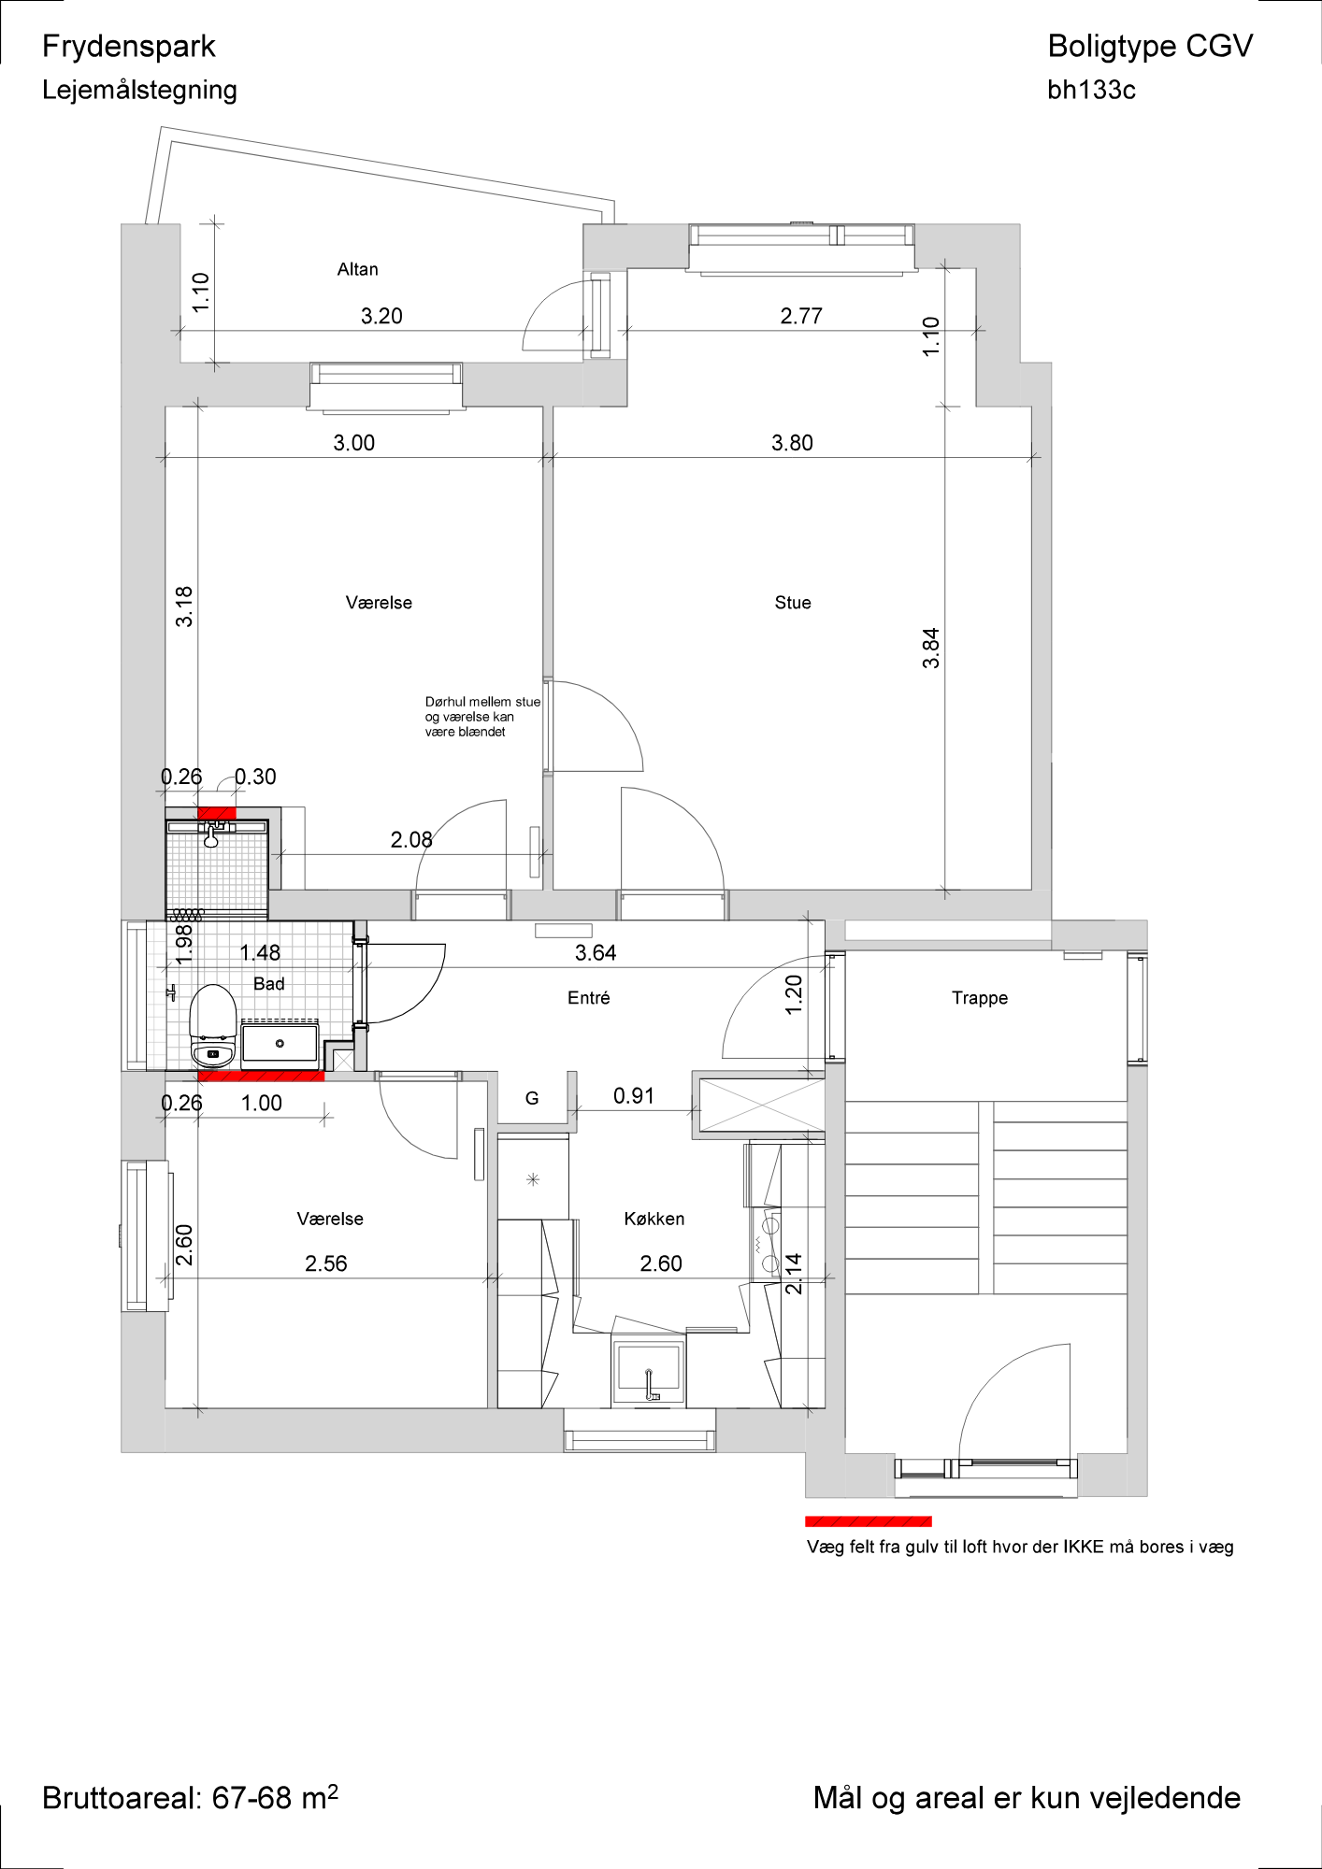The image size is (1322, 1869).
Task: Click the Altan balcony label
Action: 357,269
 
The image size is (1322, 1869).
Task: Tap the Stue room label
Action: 793,603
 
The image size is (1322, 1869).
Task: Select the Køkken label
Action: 654,1219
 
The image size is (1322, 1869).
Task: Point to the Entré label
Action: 589,998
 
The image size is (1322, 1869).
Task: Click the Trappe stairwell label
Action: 980,998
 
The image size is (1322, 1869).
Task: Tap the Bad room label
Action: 269,984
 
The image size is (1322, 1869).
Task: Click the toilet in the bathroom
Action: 213,1026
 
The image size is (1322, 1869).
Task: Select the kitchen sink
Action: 649,1370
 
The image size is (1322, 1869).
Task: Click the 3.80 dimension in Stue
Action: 792,443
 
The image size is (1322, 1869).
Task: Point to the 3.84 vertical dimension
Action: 930,648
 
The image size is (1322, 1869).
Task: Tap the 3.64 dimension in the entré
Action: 596,953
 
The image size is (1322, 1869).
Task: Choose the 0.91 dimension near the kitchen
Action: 634,1096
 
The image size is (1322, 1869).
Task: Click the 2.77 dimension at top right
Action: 801,316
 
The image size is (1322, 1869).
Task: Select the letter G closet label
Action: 532,1098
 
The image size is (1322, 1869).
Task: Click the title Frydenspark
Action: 129,47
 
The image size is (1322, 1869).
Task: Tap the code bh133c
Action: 1091,90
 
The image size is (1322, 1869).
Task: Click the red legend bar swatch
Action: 869,1521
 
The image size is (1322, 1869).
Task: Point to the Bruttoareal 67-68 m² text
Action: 190,1797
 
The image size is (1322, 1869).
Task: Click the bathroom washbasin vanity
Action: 280,1043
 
